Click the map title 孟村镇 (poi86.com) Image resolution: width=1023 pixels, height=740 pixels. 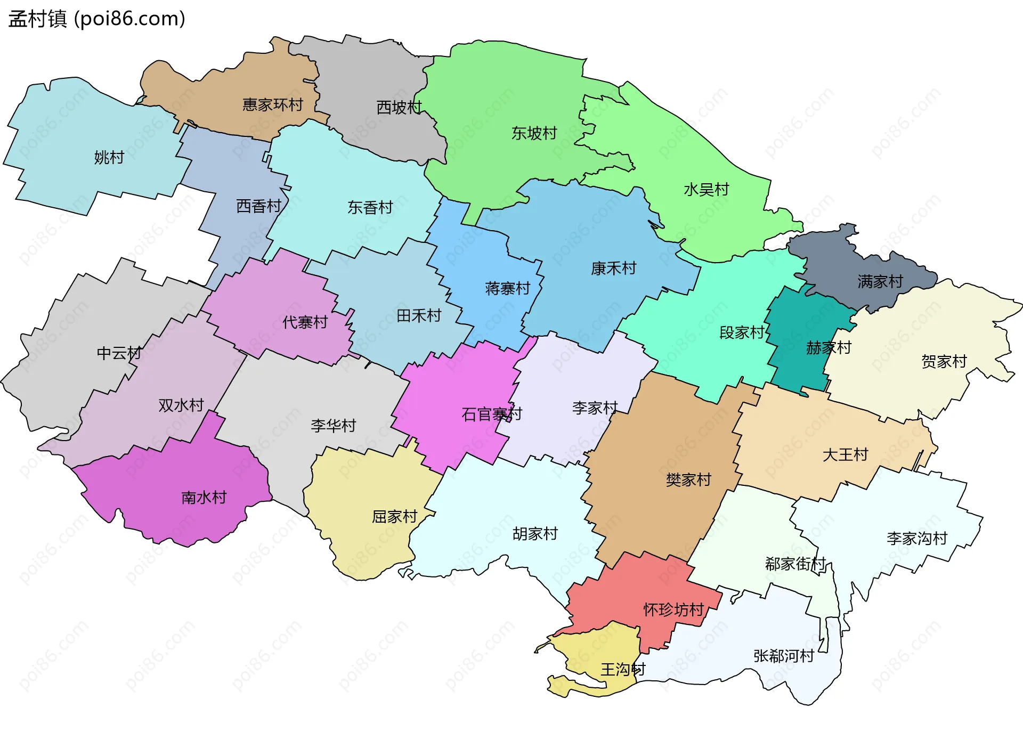click(97, 19)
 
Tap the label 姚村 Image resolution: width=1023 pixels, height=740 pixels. click(109, 158)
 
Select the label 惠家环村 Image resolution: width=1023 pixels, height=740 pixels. click(272, 104)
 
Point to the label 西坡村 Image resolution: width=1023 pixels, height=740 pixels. click(399, 108)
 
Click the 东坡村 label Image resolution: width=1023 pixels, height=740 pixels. click(534, 133)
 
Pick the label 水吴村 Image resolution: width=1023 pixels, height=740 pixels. click(706, 190)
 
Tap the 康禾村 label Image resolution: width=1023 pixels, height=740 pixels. click(613, 269)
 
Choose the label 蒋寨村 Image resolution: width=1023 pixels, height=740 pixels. click(507, 289)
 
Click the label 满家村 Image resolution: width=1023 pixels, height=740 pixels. click(880, 281)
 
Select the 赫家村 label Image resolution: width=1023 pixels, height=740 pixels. click(829, 348)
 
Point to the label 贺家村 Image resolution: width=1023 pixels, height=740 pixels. click(944, 362)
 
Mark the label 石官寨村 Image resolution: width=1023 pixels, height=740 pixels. click(491, 414)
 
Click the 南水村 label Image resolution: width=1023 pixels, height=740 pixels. click(204, 498)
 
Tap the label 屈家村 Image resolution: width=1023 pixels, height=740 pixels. click(394, 517)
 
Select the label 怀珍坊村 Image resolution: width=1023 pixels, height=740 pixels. click(673, 609)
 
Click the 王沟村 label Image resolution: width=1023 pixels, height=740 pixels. click(623, 669)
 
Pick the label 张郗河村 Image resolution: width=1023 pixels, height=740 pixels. click(783, 656)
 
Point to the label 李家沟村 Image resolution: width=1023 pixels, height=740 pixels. click(916, 538)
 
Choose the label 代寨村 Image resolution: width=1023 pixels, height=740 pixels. click(305, 322)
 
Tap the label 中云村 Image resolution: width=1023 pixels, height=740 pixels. click(119, 353)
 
